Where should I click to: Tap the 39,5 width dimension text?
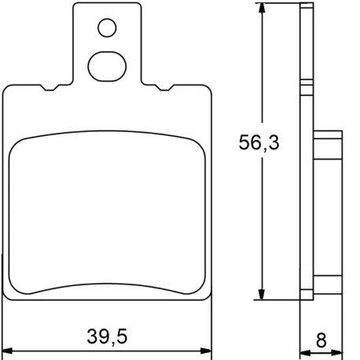click(x=107, y=337)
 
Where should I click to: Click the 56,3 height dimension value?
click(x=259, y=142)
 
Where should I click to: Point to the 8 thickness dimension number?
click(x=321, y=340)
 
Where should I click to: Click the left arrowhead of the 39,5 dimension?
click(x=7, y=351)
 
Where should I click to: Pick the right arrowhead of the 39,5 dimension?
click(x=206, y=351)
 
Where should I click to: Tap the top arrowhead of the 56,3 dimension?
click(x=262, y=8)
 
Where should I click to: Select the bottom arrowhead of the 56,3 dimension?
click(x=262, y=295)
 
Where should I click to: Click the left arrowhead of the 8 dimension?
click(x=305, y=353)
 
